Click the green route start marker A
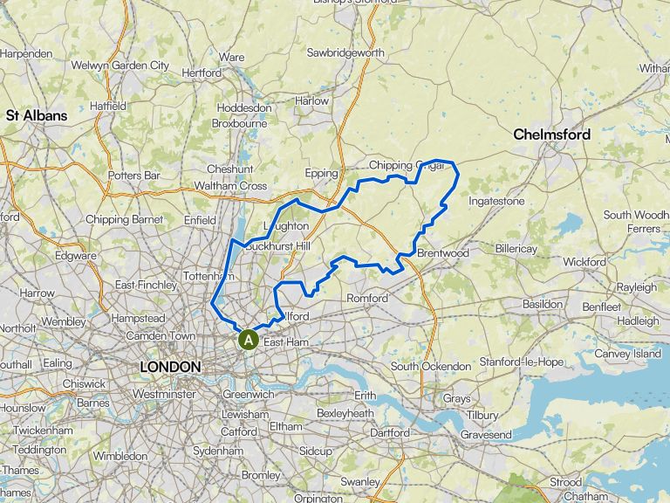249,339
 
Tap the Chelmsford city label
551,134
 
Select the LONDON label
171,368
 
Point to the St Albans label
37,114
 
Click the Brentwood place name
443,253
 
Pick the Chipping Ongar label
403,165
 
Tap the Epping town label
321,173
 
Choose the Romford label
367,299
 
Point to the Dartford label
389,432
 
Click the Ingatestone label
496,201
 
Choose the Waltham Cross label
230,186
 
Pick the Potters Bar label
134,176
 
